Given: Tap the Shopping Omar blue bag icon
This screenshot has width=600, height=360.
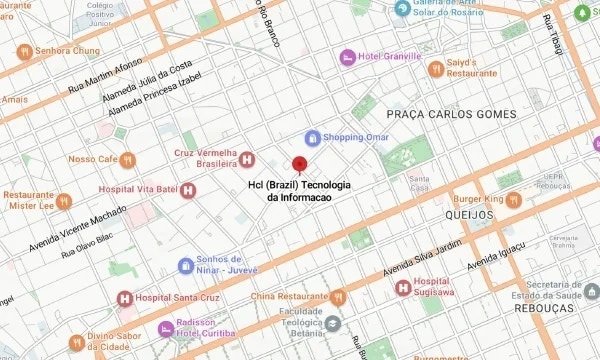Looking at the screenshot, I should coord(311,137).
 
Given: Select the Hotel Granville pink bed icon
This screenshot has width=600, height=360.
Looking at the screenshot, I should coord(347,57).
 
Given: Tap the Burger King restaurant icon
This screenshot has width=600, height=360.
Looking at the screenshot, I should coord(512,199).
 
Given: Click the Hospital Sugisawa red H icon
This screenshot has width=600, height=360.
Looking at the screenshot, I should coord(403,288).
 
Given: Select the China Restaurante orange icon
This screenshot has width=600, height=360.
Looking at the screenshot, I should coord(338,296).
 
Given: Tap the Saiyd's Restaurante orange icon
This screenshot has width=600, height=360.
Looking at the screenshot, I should coord(435,68).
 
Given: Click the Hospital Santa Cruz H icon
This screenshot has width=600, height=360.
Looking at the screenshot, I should coord(123,298).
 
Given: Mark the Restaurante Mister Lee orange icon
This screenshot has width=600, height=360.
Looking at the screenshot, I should coord(63,201).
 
